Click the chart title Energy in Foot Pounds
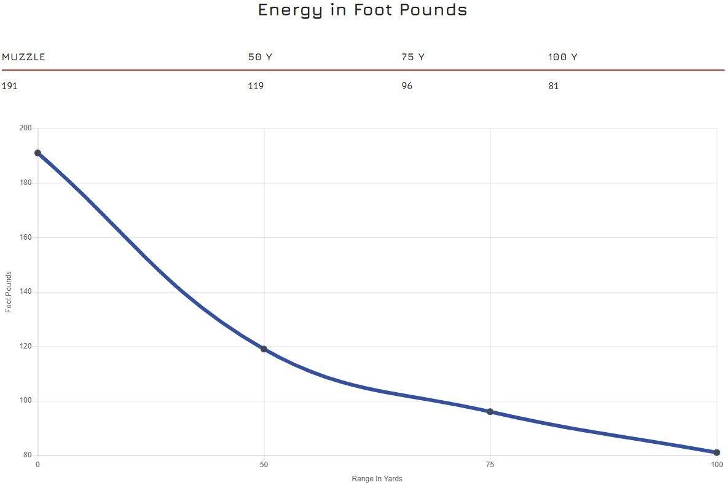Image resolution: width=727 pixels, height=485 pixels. coord(363,10)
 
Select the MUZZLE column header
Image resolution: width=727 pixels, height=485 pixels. coord(24,57)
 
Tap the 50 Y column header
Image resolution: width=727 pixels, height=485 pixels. coord(260,57)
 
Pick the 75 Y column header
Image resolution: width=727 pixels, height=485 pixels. coord(413,57)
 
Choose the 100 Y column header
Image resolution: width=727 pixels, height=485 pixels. coord(562,57)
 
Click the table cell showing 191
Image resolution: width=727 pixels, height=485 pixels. coord(9,86)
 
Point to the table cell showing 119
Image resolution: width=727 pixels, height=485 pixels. coord(256,86)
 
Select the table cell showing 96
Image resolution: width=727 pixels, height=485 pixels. coord(407,86)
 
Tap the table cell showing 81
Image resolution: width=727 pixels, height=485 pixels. coord(554,86)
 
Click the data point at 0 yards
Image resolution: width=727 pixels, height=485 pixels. coord(38,153)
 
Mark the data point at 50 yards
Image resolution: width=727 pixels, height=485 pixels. coord(264,349)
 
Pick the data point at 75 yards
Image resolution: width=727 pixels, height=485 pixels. coord(490,412)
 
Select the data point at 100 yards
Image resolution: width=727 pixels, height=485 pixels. coord(717,452)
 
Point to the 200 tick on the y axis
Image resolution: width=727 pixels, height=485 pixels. coord(25,128)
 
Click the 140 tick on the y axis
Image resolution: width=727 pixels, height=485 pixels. coord(25,292)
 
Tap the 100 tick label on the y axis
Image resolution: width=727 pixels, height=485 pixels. coord(25,401)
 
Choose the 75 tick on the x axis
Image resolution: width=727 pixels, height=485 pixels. coord(490,465)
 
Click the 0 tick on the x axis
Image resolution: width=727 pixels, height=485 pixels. coord(38,465)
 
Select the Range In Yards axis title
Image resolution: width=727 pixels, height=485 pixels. coord(377,478)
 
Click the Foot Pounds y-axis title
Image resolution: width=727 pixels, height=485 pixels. coord(9,292)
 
